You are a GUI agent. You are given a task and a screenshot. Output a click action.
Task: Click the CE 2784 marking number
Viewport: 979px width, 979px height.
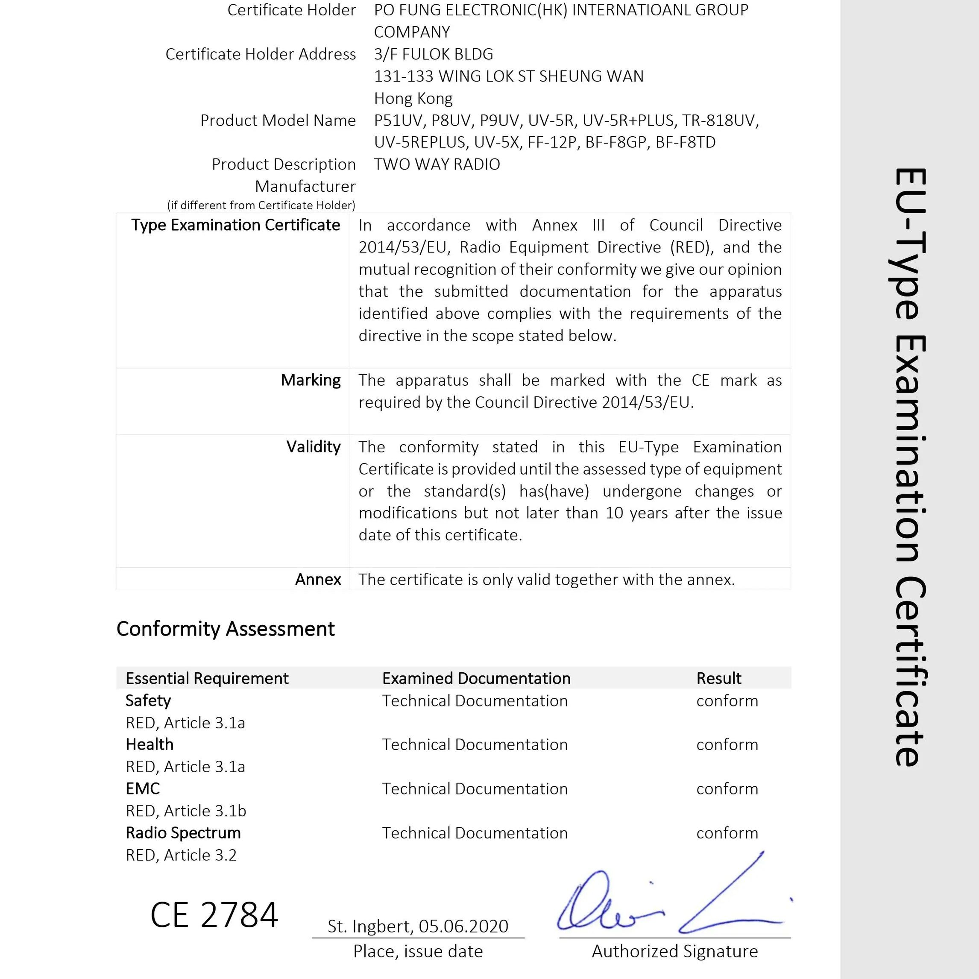(214, 915)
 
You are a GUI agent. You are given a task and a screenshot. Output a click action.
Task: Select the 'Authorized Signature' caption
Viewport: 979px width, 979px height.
(674, 952)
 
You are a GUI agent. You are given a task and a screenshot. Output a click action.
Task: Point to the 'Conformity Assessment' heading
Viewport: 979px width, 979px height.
(226, 629)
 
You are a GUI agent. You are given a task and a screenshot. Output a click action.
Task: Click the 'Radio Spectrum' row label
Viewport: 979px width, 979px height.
(183, 832)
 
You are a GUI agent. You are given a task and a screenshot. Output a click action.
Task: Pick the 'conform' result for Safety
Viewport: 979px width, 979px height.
(727, 701)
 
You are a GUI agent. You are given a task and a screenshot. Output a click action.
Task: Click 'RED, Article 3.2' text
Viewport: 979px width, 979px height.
(181, 855)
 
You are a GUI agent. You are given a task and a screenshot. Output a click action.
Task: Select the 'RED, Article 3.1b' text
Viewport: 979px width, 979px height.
(185, 811)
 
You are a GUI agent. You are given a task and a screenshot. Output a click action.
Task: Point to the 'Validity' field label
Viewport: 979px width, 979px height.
(313, 446)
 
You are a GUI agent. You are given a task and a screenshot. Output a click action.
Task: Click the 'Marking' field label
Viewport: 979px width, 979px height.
(311, 380)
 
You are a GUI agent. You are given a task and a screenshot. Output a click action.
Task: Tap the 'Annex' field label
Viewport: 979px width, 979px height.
(318, 579)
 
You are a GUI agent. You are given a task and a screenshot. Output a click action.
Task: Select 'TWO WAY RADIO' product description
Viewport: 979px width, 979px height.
(437, 164)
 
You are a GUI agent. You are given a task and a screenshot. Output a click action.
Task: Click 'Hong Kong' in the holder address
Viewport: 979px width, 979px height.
(413, 98)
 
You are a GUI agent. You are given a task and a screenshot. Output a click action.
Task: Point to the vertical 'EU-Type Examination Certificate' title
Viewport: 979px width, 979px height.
(910, 466)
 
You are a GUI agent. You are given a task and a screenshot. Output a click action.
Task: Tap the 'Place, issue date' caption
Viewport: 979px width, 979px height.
(418, 952)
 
